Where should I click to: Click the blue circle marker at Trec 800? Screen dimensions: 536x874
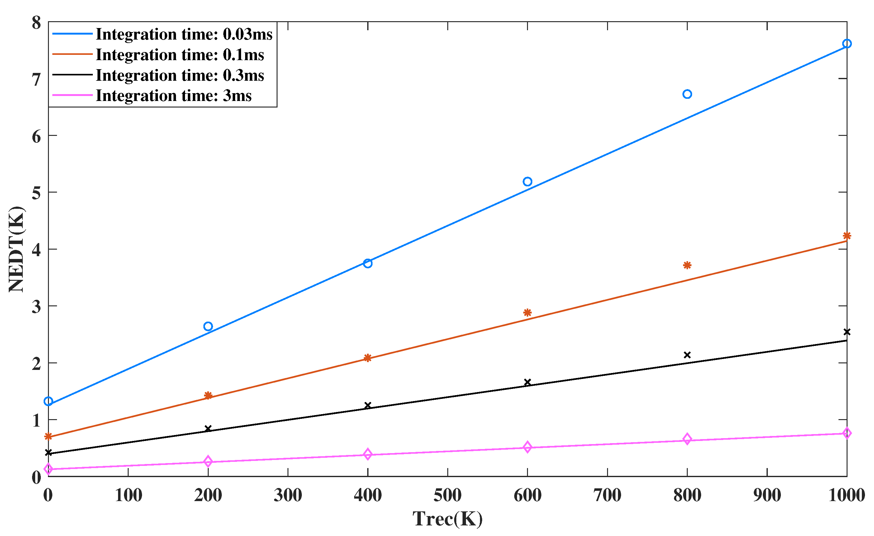687,94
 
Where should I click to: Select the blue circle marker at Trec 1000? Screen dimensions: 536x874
847,44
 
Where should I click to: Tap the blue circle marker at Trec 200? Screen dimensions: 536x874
208,326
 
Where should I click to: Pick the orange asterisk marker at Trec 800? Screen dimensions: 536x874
687,265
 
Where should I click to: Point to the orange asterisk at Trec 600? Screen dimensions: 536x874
527,312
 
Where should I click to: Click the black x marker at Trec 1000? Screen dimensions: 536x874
847,332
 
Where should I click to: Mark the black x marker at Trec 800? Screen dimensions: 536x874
687,355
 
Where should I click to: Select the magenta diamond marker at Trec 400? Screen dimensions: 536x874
368,454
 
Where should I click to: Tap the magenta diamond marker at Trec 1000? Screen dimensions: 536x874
847,433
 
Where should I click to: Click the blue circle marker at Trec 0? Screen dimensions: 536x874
48,401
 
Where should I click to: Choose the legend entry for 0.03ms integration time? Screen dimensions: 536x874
184,34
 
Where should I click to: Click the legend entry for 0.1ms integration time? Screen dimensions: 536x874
179,55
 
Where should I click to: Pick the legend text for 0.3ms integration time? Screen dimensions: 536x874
179,75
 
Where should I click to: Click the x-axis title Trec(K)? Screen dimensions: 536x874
448,519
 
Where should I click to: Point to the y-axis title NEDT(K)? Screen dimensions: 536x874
16,249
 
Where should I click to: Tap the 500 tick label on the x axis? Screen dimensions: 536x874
448,495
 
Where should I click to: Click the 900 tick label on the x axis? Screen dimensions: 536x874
767,495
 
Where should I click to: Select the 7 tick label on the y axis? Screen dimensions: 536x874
36,79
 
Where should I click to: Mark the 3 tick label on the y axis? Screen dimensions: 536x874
36,307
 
